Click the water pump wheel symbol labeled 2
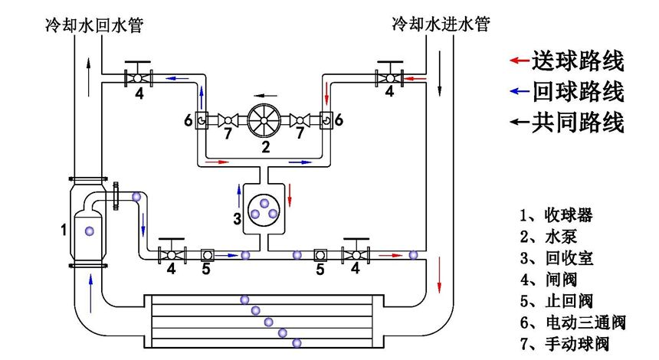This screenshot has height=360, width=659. coord(264,120)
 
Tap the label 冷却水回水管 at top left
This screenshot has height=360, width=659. coord(94,25)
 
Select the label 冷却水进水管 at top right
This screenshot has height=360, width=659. coord(441,24)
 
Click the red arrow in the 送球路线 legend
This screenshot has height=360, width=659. coord(520,61)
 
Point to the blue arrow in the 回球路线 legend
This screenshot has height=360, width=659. coord(520,91)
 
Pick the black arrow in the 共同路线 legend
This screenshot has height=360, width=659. coord(520,122)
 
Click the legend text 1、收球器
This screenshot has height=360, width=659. coord(556,215)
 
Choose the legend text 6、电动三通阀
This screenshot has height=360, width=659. coord(573,322)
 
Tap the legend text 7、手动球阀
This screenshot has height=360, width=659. coord(565,344)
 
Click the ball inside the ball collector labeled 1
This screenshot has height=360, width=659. coord(89,231)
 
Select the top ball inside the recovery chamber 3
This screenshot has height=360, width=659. coord(264,203)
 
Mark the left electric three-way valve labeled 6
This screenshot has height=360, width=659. coord(202,120)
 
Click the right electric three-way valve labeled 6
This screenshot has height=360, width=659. coord(326,120)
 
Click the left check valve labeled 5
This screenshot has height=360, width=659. coord(207,255)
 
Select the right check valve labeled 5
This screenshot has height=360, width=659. coord(320,255)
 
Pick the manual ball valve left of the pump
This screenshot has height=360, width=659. coord(228,120)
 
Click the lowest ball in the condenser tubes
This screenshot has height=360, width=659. coord(297,343)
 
